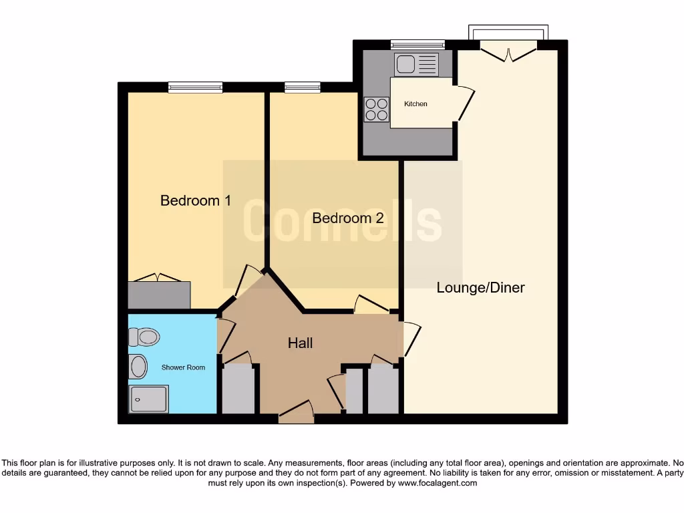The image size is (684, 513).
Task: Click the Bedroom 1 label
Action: coord(195,200)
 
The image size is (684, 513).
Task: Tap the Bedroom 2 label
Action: coord(347,218)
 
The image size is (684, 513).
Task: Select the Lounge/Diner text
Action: coord(480,288)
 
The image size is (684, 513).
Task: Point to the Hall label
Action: coord(300,343)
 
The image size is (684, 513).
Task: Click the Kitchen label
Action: coord(415,104)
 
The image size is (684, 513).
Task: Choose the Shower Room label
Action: coord(183,367)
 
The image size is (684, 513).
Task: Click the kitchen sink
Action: coord(416,65)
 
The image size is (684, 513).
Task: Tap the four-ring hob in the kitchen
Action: coord(377,109)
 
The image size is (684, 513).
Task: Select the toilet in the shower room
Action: coord(144,337)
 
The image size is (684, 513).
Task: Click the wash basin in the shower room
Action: coord(138,367)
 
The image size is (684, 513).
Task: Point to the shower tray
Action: coord(149,399)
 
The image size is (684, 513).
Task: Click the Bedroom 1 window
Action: coord(195,87)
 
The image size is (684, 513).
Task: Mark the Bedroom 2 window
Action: coord(302,87)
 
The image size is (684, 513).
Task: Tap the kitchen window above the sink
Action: coord(417,45)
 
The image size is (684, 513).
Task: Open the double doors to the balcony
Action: coord(508,52)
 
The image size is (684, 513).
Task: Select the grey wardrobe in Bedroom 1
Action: coord(159,295)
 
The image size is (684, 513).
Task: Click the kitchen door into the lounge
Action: coord(464,104)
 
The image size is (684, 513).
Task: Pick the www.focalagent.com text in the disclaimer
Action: coord(438,483)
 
